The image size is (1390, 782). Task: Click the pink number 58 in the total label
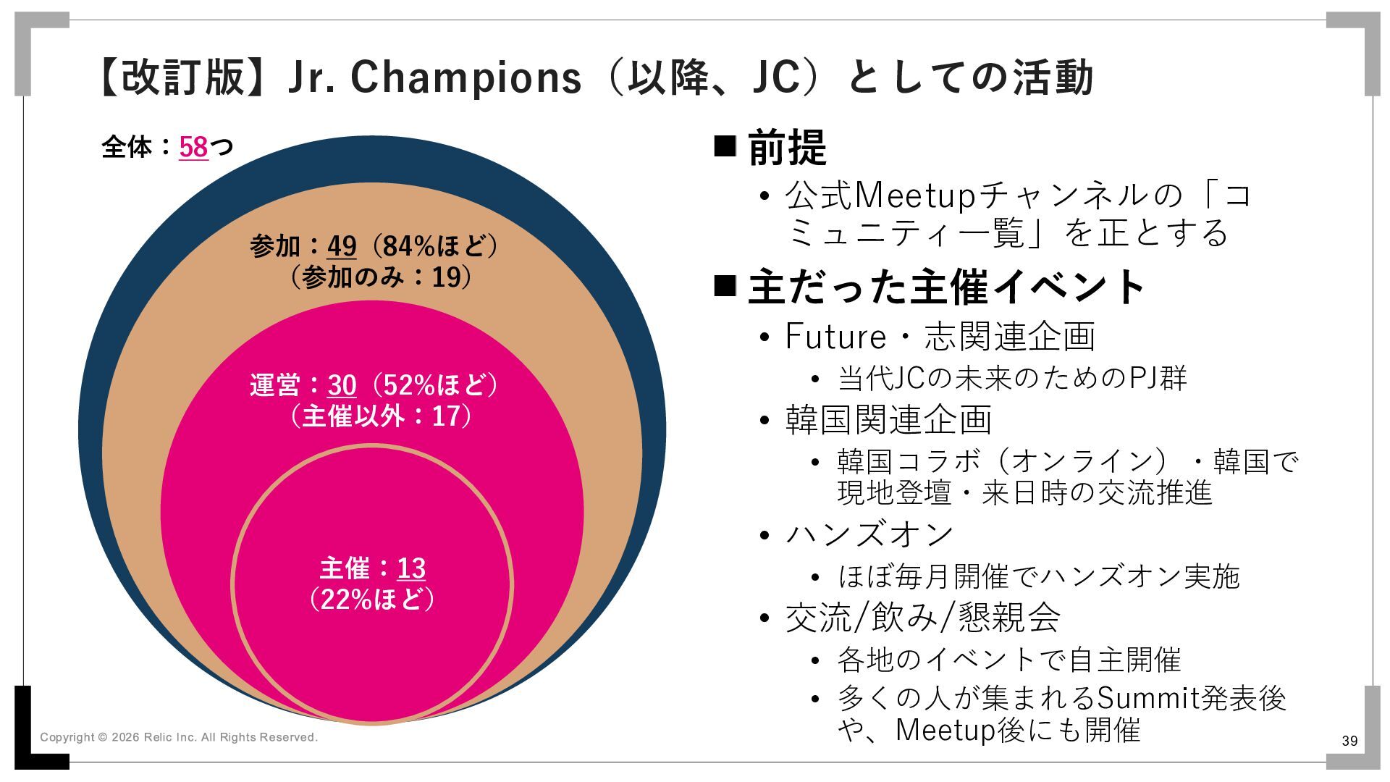[193, 147]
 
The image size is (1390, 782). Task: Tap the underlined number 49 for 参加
[342, 246]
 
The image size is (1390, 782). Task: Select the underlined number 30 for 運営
[342, 385]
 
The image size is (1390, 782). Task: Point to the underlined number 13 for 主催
[411, 568]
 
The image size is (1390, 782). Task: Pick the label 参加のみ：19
[381, 277]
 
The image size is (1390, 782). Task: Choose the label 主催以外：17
[381, 416]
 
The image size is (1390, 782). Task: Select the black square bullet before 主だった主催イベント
[725, 286]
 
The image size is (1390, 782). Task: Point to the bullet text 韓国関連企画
[888, 420]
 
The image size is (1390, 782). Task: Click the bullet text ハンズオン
[869, 535]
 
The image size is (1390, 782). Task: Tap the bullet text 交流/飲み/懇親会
[923, 618]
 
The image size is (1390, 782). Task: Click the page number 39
[1349, 741]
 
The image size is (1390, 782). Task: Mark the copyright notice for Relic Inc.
[179, 737]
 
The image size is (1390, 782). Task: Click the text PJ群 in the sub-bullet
[1158, 379]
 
